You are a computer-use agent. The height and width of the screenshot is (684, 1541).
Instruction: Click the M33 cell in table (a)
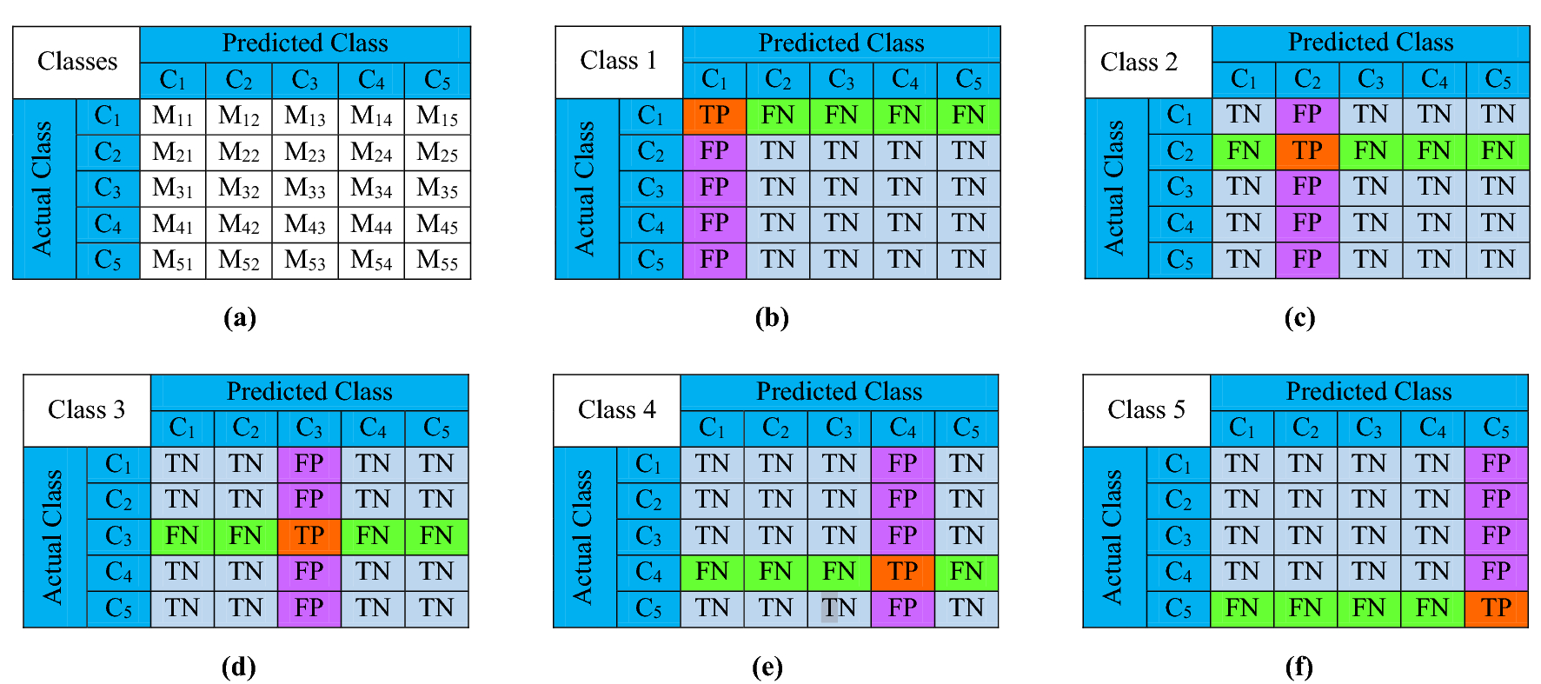[x=305, y=189]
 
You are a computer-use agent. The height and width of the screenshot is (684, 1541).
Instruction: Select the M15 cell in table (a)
[x=437, y=116]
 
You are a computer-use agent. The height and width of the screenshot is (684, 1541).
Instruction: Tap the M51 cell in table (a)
[x=173, y=260]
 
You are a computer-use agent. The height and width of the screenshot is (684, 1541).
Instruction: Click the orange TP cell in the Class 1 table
[x=714, y=116]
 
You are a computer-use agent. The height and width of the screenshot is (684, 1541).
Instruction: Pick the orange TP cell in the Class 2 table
[x=1307, y=151]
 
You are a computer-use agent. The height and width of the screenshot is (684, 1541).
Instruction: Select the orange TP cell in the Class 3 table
[x=309, y=536]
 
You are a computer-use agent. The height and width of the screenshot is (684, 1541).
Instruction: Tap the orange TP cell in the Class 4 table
[x=902, y=572]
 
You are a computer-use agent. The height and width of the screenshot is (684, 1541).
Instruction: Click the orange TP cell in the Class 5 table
[x=1496, y=608]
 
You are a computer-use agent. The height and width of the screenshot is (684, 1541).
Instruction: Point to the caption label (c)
[x=1299, y=318]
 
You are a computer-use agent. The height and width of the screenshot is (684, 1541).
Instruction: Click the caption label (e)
[x=767, y=667]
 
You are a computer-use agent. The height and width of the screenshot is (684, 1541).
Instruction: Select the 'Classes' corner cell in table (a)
[x=76, y=62]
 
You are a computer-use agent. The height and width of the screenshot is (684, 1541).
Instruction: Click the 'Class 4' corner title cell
[x=616, y=410]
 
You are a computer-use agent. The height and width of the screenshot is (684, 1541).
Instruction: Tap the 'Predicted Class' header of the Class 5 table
[x=1369, y=392]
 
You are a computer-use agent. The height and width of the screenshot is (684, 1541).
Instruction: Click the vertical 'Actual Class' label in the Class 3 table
[x=53, y=536]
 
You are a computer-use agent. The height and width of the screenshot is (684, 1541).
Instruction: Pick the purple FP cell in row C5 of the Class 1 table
[x=714, y=260]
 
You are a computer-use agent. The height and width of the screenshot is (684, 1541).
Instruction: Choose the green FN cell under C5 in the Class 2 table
[x=1498, y=151]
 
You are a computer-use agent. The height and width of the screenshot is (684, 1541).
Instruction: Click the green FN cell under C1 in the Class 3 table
[x=183, y=536]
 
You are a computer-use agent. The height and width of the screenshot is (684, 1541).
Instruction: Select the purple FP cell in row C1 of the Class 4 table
[x=902, y=464]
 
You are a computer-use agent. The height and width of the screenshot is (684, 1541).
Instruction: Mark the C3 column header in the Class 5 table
[x=1369, y=428]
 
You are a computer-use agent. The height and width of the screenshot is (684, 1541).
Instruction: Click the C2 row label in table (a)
[x=108, y=152]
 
